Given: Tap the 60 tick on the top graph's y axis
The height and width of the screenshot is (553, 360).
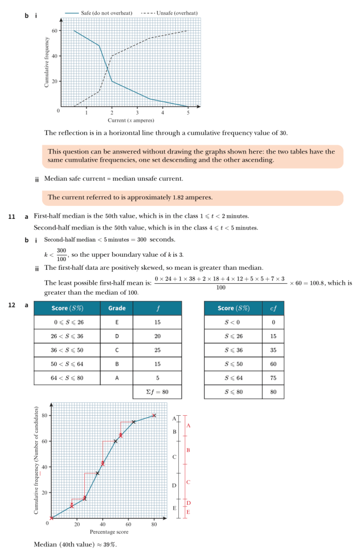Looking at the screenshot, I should (54, 31).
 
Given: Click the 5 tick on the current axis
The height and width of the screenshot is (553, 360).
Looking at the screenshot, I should (188, 112).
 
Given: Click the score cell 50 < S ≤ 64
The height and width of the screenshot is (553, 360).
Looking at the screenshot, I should (67, 364).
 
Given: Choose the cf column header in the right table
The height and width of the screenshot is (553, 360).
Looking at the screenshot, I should (273, 308).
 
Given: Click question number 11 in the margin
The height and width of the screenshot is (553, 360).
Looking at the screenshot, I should (11, 217).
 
